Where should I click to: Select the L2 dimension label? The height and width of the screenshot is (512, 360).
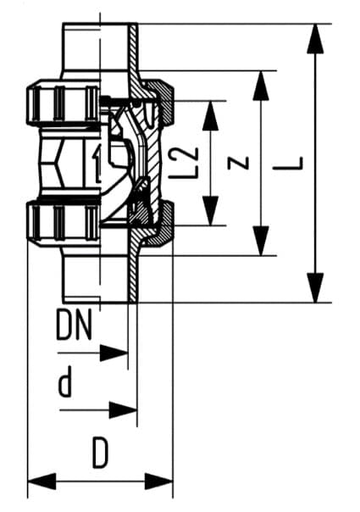tap(191, 162)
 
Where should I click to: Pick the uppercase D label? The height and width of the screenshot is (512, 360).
tap(101, 455)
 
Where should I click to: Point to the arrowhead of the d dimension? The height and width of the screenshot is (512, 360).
tap(125, 411)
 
